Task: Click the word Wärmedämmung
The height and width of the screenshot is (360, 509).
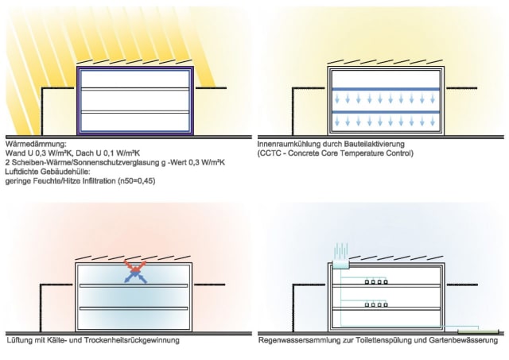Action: point(28,144)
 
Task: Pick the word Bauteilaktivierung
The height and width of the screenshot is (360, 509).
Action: point(373,144)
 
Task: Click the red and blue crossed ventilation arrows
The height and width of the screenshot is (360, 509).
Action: point(137,269)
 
